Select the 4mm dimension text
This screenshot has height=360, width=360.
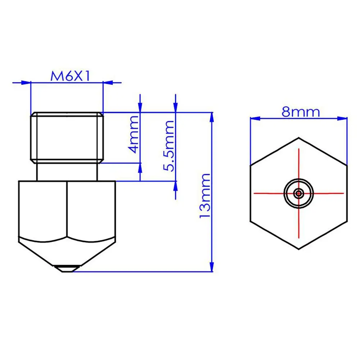pyautogui.click(x=133, y=135)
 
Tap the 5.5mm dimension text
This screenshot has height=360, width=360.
pyautogui.click(x=169, y=146)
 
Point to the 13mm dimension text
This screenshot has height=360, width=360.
pyautogui.click(x=205, y=196)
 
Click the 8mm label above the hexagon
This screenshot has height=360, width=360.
pyautogui.click(x=301, y=112)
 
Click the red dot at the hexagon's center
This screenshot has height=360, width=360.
pyautogui.click(x=299, y=193)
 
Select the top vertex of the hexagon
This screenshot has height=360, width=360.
pyautogui.click(x=299, y=138)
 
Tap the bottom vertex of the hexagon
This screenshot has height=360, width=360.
pyautogui.click(x=299, y=249)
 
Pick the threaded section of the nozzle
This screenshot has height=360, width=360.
pyautogui.click(x=67, y=137)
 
